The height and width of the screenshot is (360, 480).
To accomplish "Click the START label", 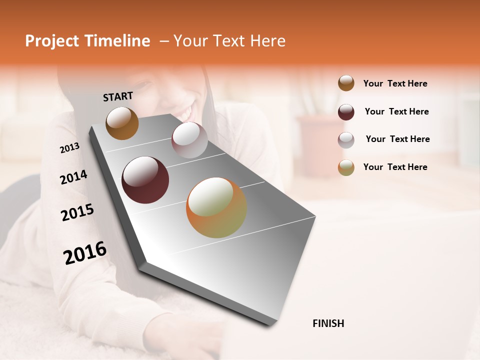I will click(118, 96).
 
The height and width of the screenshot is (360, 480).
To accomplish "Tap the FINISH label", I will click(328, 323).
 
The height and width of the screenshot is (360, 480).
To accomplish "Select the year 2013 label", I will click(69, 148).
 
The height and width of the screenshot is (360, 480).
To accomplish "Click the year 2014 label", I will click(73, 177).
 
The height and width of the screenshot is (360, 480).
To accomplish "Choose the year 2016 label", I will click(85, 252).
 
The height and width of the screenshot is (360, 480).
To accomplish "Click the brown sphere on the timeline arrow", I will click(122, 123).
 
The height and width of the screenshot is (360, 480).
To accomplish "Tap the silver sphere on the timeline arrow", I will click(189, 140).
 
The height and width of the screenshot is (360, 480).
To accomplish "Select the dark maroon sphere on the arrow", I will click(145, 180).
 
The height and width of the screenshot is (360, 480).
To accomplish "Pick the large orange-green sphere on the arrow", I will click(216, 207).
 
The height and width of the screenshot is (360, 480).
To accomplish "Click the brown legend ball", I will click(346, 83).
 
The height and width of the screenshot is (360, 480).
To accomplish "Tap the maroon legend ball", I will click(346, 112).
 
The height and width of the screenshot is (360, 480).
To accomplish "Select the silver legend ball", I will click(346, 140).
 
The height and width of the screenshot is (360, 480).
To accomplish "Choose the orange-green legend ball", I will click(346, 167).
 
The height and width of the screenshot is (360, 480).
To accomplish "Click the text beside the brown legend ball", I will click(395, 83).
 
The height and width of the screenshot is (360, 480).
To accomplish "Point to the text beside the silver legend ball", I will click(397, 139).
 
